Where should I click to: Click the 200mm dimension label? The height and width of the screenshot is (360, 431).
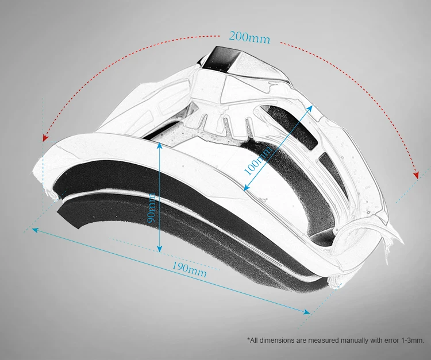tap(249, 37)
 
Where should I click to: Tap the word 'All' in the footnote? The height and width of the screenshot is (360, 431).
tap(255, 340)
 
